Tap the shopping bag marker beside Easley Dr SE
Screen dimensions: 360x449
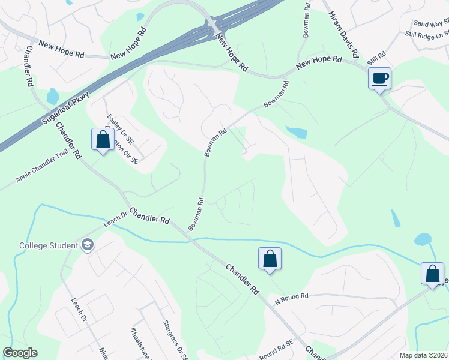[x=103, y=140]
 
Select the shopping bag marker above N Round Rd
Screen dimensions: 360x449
[x=270, y=259]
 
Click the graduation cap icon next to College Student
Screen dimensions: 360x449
[x=88, y=245]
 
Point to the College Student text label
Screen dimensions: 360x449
[x=49, y=245]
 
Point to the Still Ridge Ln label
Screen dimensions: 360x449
[x=428, y=35]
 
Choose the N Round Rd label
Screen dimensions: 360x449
[x=291, y=298]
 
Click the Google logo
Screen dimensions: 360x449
[x=20, y=353]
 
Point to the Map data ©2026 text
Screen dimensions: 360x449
[x=423, y=355]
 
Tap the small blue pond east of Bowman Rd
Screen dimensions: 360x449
[x=297, y=132]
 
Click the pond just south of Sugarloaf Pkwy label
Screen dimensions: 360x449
[x=53, y=96]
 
